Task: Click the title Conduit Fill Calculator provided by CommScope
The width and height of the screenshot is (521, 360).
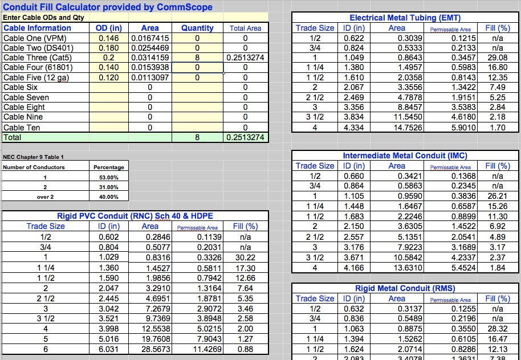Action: (108, 7)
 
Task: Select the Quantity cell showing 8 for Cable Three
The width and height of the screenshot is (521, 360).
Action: (197, 58)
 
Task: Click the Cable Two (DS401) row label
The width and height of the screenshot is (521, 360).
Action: (34, 48)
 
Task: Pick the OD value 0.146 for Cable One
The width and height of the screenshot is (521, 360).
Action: (109, 38)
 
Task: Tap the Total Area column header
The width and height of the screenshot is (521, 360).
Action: (245, 28)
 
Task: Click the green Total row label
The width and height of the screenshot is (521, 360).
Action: (13, 137)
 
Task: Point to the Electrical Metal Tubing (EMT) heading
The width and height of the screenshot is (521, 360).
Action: (405, 18)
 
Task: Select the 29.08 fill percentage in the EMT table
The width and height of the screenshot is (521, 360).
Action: (497, 58)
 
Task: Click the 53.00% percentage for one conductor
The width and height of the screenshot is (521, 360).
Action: (109, 177)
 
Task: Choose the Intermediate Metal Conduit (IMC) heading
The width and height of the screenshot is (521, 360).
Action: (405, 156)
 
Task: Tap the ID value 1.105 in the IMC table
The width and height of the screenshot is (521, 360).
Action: (354, 195)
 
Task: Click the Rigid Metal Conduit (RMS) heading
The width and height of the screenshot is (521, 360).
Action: (405, 288)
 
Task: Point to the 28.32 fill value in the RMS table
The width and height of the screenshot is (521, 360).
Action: (497, 328)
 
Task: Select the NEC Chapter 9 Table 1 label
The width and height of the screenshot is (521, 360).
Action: (33, 157)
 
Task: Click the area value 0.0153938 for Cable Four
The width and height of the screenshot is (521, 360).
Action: (150, 68)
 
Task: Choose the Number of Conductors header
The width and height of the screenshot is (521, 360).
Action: (34, 167)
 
